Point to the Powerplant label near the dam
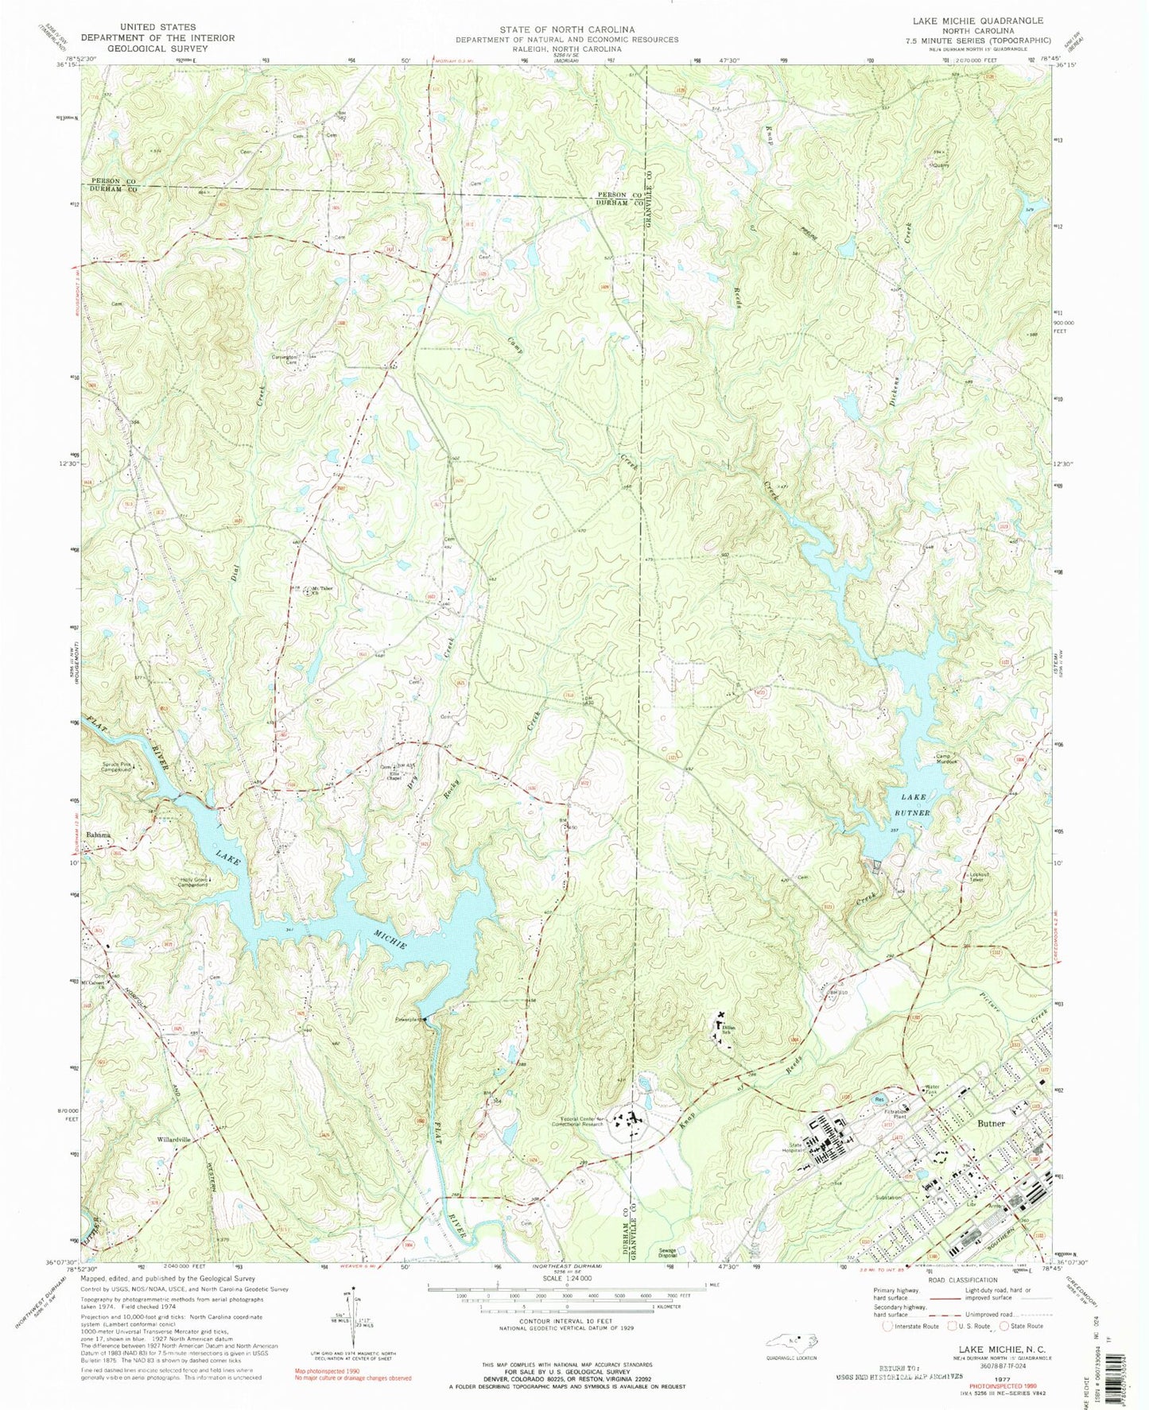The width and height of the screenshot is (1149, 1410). click(408, 1019)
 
